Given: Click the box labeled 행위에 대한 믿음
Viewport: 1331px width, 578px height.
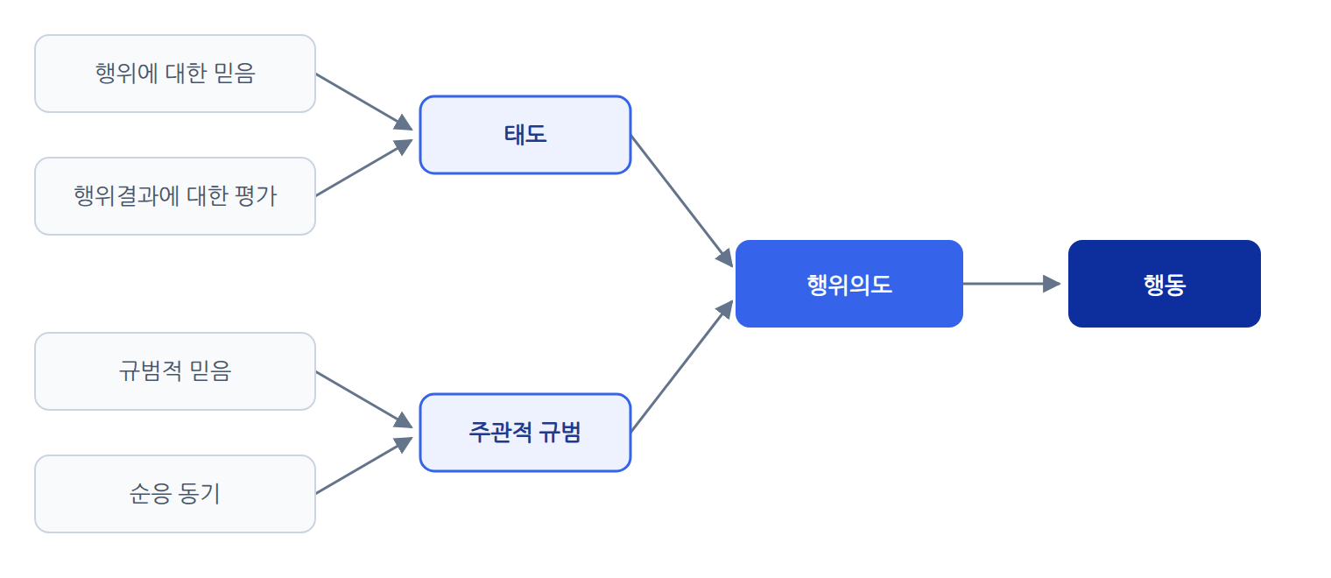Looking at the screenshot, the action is (x=175, y=74).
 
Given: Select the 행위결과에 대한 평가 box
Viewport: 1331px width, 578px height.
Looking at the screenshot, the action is (x=175, y=196).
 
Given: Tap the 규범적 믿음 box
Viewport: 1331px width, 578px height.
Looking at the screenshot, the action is (x=175, y=371).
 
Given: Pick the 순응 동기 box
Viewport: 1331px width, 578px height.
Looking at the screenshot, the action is (x=175, y=494).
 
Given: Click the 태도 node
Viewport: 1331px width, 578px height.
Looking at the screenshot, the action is (x=525, y=135).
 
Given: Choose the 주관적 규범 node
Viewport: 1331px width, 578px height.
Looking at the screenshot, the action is (x=525, y=433).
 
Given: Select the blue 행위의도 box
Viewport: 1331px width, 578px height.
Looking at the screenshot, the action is (x=849, y=284).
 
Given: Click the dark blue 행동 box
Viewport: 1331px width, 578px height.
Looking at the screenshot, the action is (x=1165, y=284).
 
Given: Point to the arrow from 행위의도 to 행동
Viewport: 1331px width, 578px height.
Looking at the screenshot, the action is (x=1012, y=284).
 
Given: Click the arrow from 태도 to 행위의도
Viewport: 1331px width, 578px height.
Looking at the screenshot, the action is (x=682, y=201).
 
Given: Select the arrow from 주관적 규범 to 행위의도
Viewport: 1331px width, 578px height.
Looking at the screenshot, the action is (x=682, y=366).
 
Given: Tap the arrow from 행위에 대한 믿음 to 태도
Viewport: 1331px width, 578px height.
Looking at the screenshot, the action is (x=364, y=102).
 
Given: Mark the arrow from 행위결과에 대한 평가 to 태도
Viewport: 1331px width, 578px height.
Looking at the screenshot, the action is (x=364, y=167).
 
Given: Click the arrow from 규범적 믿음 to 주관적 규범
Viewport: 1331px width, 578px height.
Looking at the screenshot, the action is (x=364, y=399).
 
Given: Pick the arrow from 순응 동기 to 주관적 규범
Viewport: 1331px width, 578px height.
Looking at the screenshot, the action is (x=364, y=465).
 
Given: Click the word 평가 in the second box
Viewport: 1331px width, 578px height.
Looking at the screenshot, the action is (x=256, y=196).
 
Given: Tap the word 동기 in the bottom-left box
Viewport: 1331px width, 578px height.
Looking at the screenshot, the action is (x=199, y=494).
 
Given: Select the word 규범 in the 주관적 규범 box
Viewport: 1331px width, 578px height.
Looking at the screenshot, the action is (x=560, y=433).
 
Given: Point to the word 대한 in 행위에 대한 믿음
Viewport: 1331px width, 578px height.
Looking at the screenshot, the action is (x=186, y=74).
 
